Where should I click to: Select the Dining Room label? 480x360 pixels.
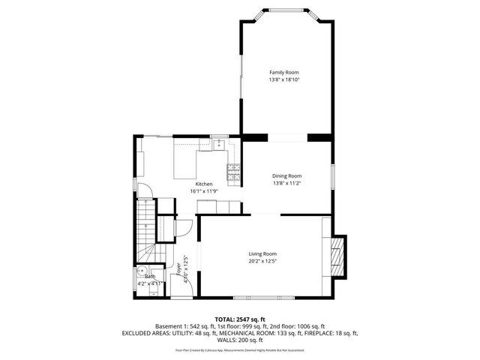point(286,175)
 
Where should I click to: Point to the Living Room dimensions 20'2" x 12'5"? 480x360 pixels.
point(262,261)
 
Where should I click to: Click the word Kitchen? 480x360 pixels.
point(204,184)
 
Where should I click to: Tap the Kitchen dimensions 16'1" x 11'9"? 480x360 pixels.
point(204,191)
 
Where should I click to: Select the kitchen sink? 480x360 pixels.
point(218,144)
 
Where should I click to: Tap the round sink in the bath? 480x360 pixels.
point(142,274)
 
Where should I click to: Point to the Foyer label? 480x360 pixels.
point(178,268)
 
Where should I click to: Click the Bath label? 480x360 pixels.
point(150,277)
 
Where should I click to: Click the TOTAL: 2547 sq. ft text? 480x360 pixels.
point(240,319)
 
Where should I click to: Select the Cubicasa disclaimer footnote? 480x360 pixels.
point(240,349)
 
